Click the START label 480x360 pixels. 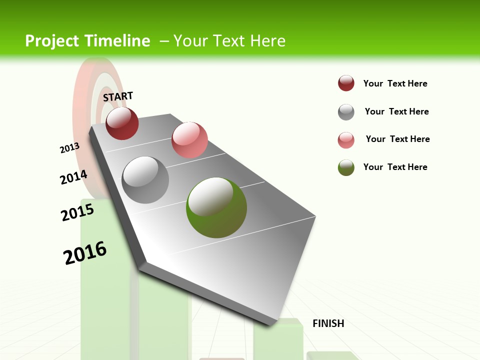click(118, 96)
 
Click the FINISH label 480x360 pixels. click(328, 323)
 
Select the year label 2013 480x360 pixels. click(69, 148)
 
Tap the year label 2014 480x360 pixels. click(73, 177)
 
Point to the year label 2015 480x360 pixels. click(77, 212)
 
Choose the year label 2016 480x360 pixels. click(85, 253)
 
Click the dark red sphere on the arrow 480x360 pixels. click(122, 123)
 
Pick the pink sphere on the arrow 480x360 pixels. click(189, 140)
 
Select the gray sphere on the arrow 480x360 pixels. click(145, 180)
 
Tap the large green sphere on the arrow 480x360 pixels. click(216, 207)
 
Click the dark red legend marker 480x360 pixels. click(346, 83)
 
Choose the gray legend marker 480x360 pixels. click(346, 112)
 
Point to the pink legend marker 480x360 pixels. click(346, 140)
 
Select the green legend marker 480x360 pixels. click(346, 167)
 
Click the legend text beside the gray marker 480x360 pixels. click(396, 111)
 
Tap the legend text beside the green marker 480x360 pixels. click(395, 167)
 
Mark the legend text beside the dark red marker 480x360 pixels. click(395, 83)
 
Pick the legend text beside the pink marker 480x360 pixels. click(397, 139)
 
